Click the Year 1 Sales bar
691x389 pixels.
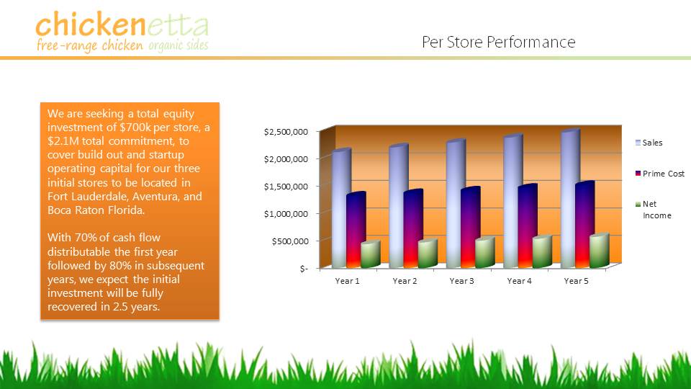341,208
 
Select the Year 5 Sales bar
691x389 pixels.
570,199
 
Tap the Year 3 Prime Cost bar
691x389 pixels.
470,227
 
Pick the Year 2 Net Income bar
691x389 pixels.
428,253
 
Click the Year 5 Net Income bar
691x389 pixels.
599,250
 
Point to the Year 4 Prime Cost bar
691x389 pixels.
528,225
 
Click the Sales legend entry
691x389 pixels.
649,143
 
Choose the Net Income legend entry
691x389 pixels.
653,210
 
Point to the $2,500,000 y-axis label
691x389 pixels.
286,132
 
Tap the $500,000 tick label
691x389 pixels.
290,241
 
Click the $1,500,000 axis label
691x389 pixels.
286,187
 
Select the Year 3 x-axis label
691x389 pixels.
461,281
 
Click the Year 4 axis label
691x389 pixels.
519,281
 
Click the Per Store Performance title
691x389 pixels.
498,42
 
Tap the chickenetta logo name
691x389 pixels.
122,24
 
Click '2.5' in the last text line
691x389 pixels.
119,307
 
